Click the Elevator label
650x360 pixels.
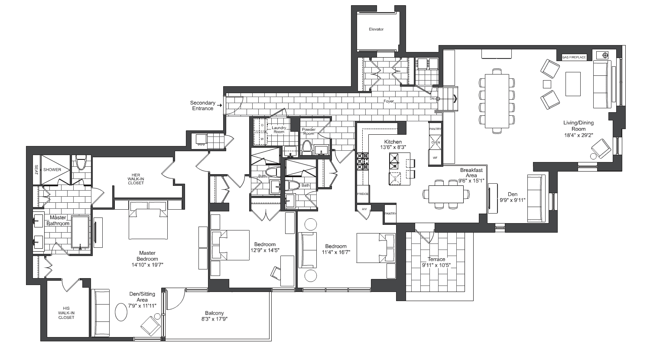tap(376, 29)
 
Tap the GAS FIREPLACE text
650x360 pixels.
tap(574, 57)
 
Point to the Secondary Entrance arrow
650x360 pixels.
tap(220, 105)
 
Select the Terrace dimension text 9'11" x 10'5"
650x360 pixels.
tap(436, 265)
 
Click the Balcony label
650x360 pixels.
tap(214, 313)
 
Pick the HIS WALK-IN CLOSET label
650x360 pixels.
tap(66, 313)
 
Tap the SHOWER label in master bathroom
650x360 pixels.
tap(52, 169)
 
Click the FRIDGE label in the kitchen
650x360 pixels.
tap(363, 194)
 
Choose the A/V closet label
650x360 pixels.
tap(364, 209)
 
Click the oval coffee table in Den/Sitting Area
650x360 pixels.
tap(121, 311)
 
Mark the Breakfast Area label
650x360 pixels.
tap(471, 173)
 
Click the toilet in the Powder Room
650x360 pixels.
tap(307, 147)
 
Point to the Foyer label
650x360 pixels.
tap(389, 101)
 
